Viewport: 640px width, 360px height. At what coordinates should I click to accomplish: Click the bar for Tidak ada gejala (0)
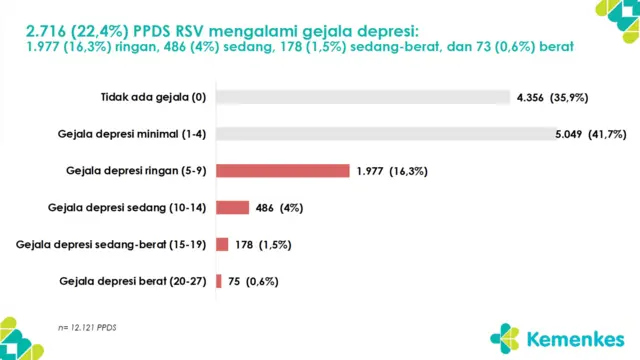[363, 98]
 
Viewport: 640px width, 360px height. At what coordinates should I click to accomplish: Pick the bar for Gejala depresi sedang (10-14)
[232, 208]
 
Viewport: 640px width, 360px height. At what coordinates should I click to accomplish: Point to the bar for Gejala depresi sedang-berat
[222, 244]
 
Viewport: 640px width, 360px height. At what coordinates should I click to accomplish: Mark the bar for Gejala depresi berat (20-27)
[219, 281]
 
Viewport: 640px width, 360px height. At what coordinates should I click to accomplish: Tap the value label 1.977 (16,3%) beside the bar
[392, 171]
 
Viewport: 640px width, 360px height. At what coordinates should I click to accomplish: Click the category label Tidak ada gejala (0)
[152, 98]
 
